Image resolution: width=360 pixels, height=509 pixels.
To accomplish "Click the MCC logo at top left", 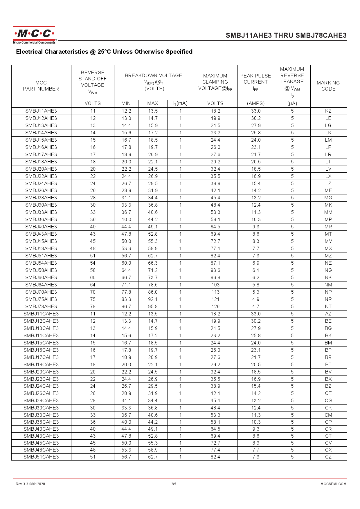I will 34,35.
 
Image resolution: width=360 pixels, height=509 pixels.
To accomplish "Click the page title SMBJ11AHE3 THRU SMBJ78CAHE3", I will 286,35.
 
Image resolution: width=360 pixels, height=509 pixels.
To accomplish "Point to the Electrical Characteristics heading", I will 104,52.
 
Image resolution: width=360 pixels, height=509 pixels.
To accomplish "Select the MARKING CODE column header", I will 328,86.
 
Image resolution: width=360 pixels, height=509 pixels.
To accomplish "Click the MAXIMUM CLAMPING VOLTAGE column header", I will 215,82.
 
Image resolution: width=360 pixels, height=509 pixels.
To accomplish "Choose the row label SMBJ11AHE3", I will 41,111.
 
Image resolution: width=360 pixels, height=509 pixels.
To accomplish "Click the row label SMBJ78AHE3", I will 41,306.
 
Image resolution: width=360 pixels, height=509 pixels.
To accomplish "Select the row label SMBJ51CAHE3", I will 41,457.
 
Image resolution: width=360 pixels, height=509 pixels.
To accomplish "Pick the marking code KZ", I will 328,111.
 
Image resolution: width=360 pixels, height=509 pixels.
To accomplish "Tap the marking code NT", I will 328,306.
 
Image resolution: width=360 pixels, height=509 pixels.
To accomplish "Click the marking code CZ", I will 328,457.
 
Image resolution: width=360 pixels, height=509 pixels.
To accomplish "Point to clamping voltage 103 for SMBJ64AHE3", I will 215,285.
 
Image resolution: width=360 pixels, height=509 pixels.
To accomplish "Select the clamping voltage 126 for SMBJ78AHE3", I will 215,306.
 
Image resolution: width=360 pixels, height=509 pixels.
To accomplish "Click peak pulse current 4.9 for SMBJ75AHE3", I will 255,299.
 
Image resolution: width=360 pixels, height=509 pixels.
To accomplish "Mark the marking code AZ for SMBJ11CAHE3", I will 328,314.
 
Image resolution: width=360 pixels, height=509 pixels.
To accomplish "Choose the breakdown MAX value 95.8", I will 153,306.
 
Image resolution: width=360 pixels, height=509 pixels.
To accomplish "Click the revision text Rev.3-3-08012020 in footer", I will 30,484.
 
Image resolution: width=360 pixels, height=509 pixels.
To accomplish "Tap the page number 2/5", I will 174,484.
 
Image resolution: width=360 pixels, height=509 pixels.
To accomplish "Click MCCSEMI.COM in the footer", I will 333,484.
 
